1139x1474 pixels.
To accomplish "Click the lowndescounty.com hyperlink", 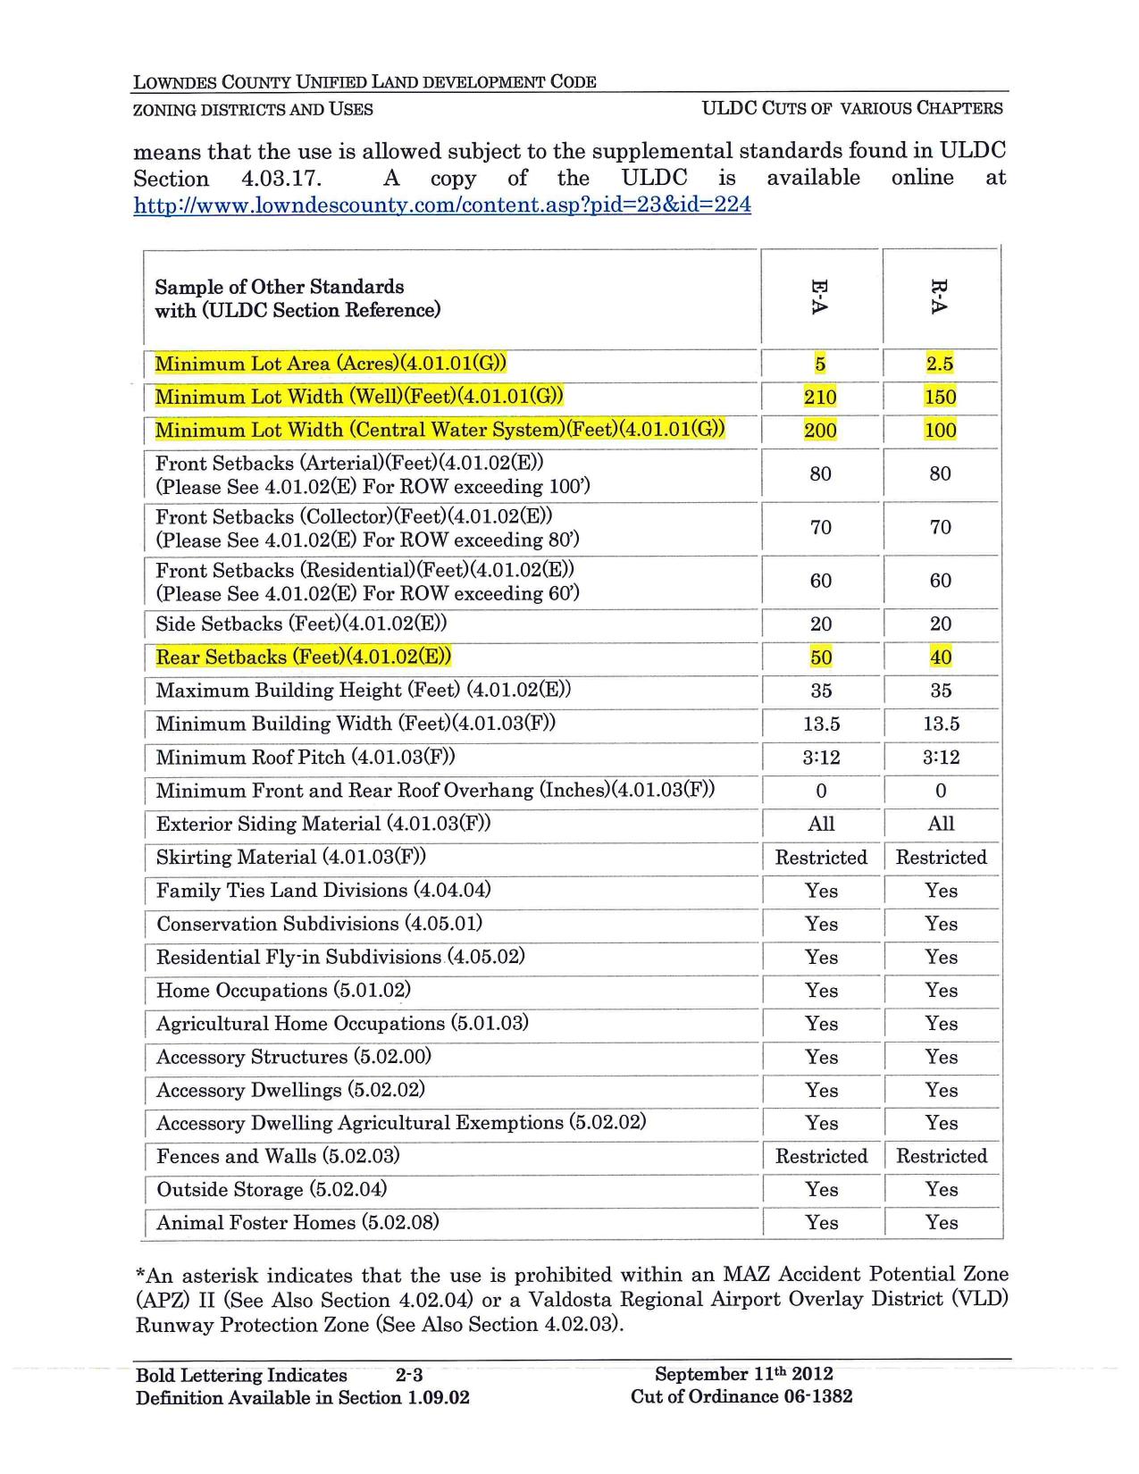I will [442, 205].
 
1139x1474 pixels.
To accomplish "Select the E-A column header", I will [819, 297].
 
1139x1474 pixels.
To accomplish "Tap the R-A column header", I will [939, 297].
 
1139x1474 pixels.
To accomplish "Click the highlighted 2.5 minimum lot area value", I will [940, 364].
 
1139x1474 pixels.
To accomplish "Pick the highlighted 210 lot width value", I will [820, 397].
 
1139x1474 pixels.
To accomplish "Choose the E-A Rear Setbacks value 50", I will [821, 657].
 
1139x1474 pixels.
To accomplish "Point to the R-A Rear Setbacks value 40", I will [941, 657].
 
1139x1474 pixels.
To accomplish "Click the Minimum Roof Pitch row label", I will [306, 758].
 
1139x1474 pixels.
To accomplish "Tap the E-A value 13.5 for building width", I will [821, 724].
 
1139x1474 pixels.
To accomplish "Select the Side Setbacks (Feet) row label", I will [301, 624].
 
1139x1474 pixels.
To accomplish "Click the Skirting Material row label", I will [290, 858].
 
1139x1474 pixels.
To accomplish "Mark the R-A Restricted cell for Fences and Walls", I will [942, 1156].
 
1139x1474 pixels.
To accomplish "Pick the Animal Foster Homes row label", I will [297, 1222].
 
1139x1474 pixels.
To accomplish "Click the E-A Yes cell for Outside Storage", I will [821, 1189].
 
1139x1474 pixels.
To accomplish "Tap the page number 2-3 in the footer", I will [408, 1375].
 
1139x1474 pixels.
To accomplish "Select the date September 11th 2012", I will [743, 1374].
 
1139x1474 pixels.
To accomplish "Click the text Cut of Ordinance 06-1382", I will [741, 1396].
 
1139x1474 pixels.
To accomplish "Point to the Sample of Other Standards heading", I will [280, 287].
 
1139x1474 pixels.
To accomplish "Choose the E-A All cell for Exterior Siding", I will [821, 824].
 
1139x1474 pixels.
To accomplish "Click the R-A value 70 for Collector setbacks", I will [941, 527].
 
